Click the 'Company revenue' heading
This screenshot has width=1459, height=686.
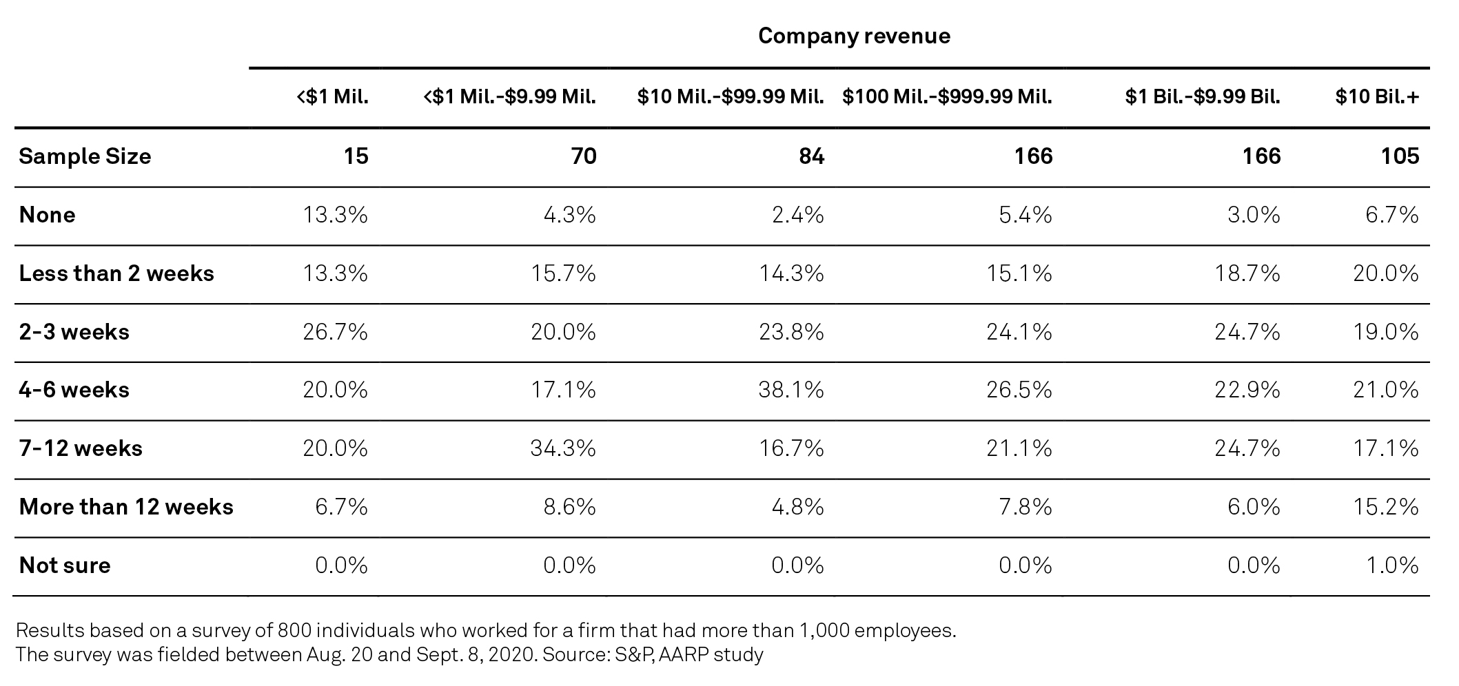[x=853, y=36]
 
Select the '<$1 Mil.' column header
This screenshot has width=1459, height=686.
[x=333, y=97]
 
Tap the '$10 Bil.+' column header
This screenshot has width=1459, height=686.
[x=1376, y=97]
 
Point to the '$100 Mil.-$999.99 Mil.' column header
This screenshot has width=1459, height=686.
[x=947, y=97]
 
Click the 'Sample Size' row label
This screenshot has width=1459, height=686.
[x=85, y=156]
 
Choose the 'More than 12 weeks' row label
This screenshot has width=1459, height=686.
[x=126, y=507]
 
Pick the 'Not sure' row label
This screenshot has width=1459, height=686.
[x=65, y=565]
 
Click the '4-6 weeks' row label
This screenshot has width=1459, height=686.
[x=74, y=390]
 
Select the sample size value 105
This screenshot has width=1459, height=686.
[x=1400, y=156]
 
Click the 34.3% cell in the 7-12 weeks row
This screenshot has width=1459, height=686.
[x=563, y=448]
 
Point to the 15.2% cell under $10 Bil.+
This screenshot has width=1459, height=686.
[x=1386, y=507]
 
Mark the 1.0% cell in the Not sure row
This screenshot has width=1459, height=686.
[x=1392, y=565]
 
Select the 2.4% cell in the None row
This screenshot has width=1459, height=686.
[x=798, y=215]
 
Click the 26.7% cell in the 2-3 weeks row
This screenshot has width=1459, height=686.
[x=336, y=332]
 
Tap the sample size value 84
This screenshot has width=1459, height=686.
[x=811, y=156]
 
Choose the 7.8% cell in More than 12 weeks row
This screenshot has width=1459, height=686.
[x=1026, y=507]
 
